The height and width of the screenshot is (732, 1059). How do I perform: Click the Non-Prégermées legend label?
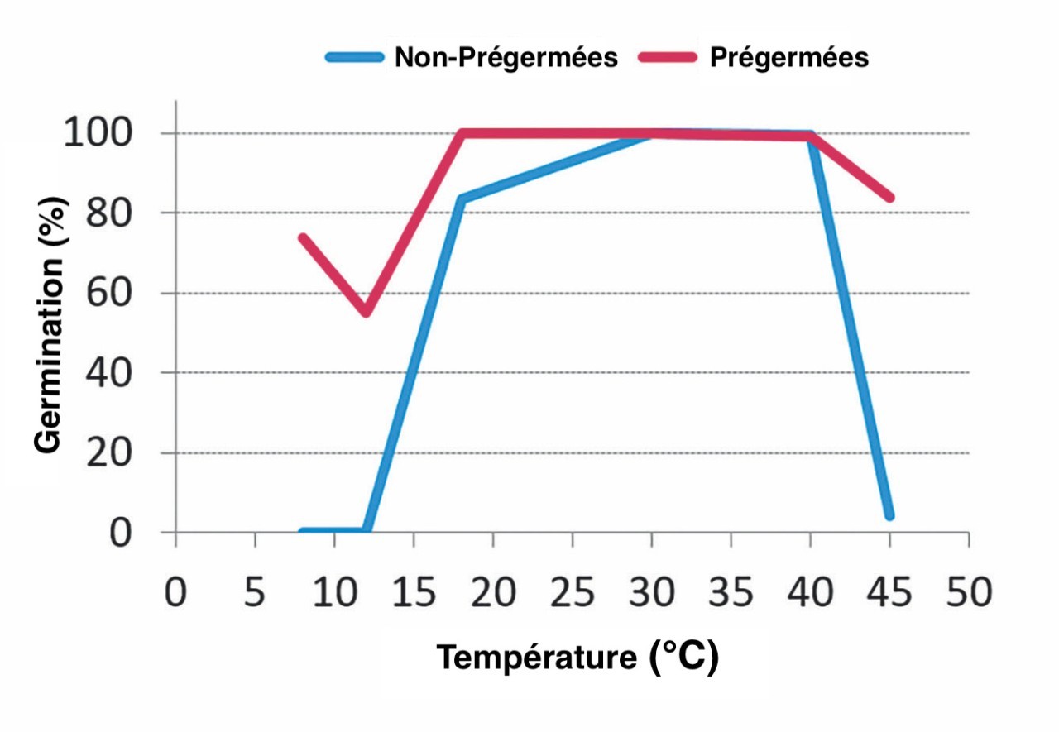coord(506,57)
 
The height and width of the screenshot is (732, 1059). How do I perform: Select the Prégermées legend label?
coord(789,57)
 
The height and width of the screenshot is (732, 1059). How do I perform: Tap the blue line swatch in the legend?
coord(354,57)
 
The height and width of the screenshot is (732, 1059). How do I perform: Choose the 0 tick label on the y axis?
coord(121,533)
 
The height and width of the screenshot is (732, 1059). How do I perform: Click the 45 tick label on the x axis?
coord(889,595)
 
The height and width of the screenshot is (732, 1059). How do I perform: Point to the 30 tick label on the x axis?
coord(651,595)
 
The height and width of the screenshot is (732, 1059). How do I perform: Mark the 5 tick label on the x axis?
coord(255,595)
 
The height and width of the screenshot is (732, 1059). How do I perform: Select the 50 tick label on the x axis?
coord(969,595)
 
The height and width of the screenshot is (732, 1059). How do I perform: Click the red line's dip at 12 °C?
coord(366,313)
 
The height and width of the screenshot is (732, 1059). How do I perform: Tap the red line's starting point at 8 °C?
coord(303,238)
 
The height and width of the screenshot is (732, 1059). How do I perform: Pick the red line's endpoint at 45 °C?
coord(889,198)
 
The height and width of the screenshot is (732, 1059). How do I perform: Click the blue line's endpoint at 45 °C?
coord(889,515)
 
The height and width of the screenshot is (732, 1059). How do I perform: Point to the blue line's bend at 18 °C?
coord(461,199)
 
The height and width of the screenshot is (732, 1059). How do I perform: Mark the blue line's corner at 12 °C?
coord(366,531)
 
